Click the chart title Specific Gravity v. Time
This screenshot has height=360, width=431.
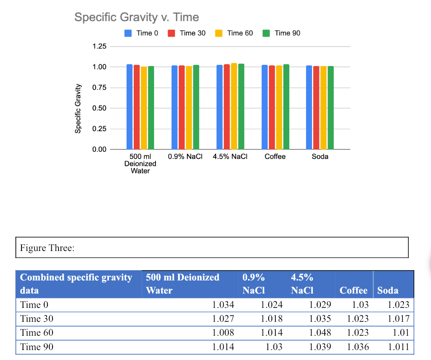click(137, 18)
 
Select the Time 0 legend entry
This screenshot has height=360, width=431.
click(142, 33)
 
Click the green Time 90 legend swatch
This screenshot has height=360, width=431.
click(266, 33)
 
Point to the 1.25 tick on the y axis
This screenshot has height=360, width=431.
click(99, 47)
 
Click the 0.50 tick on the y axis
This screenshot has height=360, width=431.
click(99, 108)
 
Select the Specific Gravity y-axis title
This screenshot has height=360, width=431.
click(78, 109)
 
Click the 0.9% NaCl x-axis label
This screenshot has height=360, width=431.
click(185, 157)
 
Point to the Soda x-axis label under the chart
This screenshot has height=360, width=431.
click(320, 157)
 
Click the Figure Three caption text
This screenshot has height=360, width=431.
click(47, 248)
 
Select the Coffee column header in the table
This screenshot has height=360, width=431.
click(353, 290)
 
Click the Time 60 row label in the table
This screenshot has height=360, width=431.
click(37, 333)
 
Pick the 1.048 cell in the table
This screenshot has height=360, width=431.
click(320, 333)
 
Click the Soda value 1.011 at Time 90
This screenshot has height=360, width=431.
click(398, 347)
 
